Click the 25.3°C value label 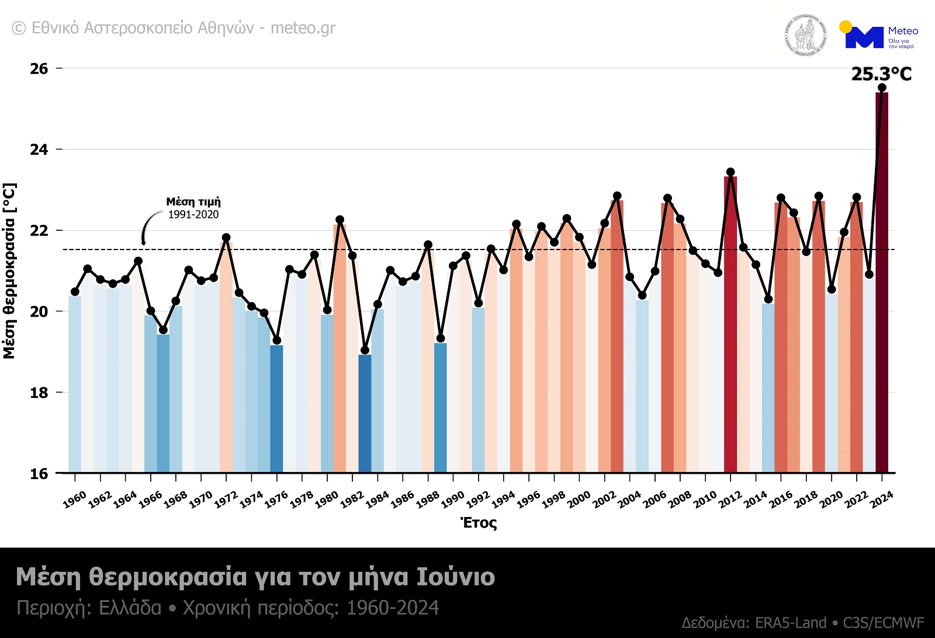click(881, 74)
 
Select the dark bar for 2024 click(882, 280)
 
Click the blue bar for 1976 click(276, 408)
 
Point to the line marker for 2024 click(882, 88)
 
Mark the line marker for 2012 click(730, 172)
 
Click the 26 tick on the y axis click(39, 69)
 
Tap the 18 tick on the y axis click(39, 393)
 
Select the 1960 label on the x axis click(74, 500)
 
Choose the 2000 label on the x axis click(579, 500)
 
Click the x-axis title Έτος click(479, 523)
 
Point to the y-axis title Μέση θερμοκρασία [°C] click(9, 271)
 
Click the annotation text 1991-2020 click(193, 215)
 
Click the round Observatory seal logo click(805, 36)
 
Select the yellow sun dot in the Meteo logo click(845, 27)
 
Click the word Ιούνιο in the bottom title click(455, 577)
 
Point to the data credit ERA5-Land click(790, 623)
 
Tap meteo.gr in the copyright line click(303, 28)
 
